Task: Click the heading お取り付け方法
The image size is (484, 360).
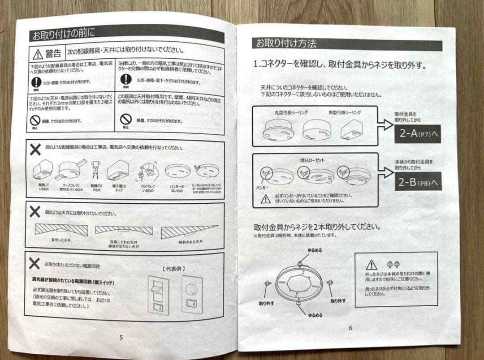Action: tap(286, 43)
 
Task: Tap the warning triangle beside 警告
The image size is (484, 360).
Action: tap(38, 54)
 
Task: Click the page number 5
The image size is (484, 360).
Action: tap(121, 337)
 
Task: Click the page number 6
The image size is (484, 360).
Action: tap(350, 328)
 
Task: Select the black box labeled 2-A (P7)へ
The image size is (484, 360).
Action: tap(417, 134)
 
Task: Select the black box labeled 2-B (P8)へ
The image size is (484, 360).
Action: tap(417, 182)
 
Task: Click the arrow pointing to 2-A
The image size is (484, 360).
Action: tap(385, 124)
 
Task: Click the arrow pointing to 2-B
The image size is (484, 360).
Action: tap(385, 172)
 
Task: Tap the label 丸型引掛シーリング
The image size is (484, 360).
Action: tap(291, 112)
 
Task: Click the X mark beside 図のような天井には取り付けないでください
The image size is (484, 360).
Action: tap(35, 211)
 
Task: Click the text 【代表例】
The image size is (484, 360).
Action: tap(173, 269)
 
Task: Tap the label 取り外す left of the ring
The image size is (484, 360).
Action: tap(267, 303)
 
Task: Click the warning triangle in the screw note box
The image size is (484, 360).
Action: tap(371, 265)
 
